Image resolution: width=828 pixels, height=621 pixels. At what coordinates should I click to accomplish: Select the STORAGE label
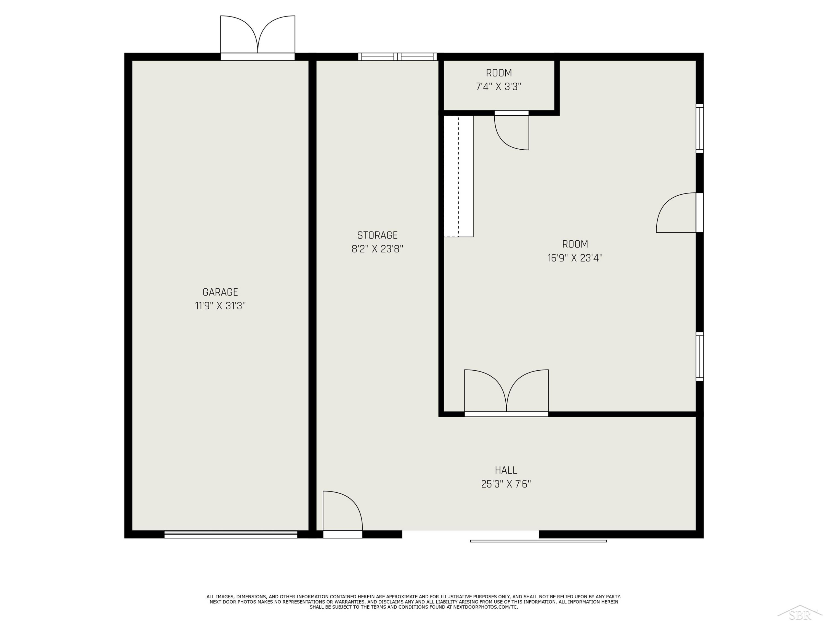tap(377, 235)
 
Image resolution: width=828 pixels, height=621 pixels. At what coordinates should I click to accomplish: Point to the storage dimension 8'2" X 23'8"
tap(377, 249)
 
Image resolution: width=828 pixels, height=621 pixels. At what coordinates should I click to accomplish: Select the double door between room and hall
tap(506, 393)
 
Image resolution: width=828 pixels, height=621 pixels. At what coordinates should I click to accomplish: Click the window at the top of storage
tap(397, 57)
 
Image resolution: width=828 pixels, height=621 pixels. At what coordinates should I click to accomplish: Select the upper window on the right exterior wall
tap(700, 128)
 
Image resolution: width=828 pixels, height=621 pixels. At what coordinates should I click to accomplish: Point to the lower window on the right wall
tap(700, 357)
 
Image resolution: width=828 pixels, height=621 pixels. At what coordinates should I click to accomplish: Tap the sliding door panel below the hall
tap(538, 541)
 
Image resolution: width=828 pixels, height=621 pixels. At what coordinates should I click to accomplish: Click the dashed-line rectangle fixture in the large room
tap(458, 176)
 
